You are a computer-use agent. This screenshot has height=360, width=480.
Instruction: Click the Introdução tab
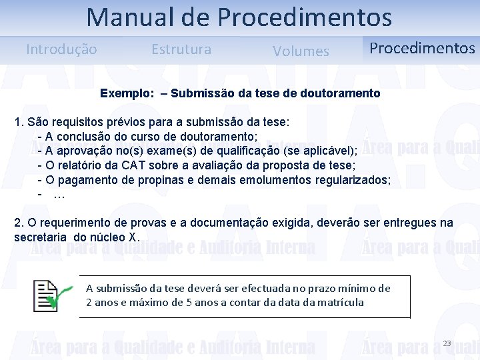coord(61,49)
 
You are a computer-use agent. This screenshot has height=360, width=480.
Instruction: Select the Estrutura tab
coord(181,49)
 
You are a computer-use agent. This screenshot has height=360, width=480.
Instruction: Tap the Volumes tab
coord(301,51)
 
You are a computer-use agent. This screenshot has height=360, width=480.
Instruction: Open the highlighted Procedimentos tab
coord(422,48)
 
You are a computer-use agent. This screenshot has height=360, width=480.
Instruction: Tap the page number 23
coord(447,343)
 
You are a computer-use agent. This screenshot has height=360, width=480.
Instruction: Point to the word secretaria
coord(41,237)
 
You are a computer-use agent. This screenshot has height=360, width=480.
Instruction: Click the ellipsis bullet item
coord(59,195)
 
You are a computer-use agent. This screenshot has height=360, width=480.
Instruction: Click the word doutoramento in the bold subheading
coord(343,93)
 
